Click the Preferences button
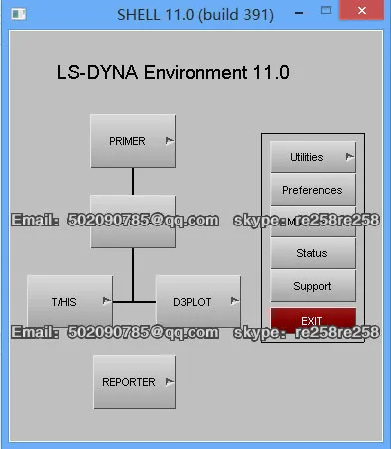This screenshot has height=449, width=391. [312, 190]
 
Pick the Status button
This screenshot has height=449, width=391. [312, 254]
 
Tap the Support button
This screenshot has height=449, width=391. [312, 286]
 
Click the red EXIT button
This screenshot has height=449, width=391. [312, 320]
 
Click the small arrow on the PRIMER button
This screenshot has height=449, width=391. [169, 141]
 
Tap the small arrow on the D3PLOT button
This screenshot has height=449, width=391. [234, 300]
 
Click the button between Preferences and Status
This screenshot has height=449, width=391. [312, 222]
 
